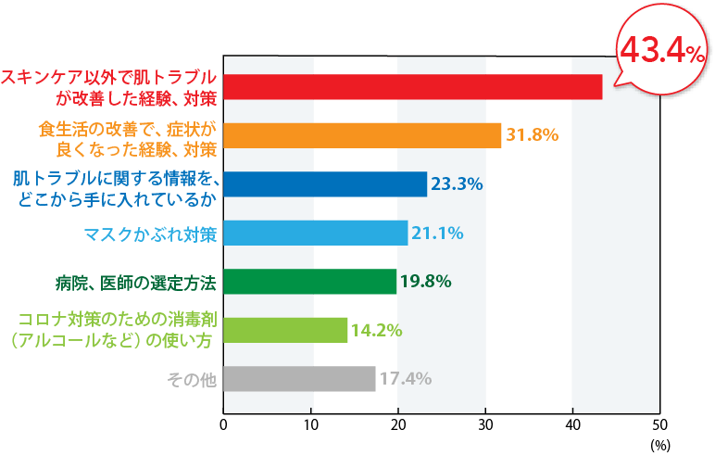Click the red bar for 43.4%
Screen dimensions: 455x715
(x=412, y=86)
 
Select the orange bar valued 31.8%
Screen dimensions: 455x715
(x=362, y=135)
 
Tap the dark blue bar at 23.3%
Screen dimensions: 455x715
(x=325, y=184)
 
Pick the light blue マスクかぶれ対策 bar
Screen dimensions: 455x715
(x=316, y=233)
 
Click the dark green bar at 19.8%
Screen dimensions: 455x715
(x=310, y=281)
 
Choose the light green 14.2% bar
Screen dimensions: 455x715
(x=286, y=330)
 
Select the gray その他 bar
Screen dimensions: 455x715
(x=300, y=379)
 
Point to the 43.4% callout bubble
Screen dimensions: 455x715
(x=662, y=52)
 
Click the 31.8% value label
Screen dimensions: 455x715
(x=532, y=135)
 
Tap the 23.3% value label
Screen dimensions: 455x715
(x=458, y=184)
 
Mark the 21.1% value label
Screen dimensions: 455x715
(x=437, y=233)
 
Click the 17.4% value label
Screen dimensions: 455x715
(x=405, y=379)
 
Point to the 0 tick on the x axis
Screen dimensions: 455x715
(x=223, y=425)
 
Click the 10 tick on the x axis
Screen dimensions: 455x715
(x=312, y=425)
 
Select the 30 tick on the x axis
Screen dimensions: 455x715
(x=485, y=425)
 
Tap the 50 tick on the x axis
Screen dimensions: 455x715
(x=659, y=425)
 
